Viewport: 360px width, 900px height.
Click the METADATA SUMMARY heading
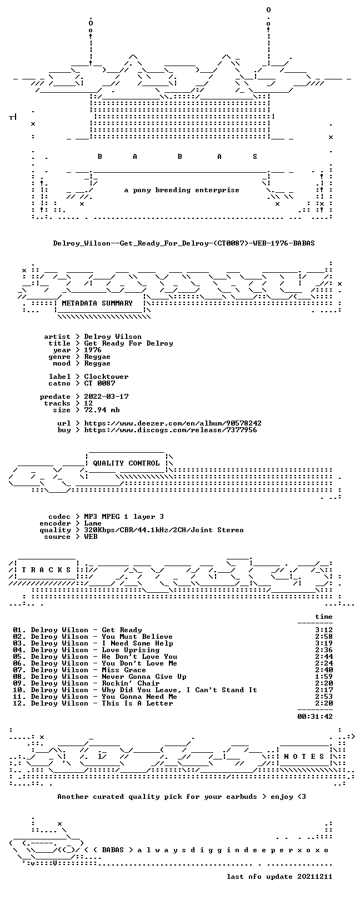[x=97, y=303]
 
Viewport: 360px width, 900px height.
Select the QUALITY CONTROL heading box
[x=126, y=463]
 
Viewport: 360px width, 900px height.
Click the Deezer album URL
[x=173, y=423]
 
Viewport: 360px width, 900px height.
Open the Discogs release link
[x=171, y=430]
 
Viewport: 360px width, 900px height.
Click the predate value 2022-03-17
[x=107, y=397]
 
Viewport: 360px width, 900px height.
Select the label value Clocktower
[x=107, y=377]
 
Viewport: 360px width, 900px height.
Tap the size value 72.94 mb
[x=102, y=410]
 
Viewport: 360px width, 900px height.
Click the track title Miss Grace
[x=124, y=670]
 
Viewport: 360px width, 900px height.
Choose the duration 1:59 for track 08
[x=324, y=677]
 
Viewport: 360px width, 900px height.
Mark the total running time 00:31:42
[x=315, y=716]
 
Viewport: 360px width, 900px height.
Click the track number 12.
[x=18, y=703]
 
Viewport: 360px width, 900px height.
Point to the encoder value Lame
[x=93, y=523]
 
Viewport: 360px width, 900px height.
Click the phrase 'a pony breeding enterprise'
[x=182, y=190]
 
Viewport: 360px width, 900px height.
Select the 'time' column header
[x=324, y=616]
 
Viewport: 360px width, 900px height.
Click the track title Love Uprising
[x=131, y=649]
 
